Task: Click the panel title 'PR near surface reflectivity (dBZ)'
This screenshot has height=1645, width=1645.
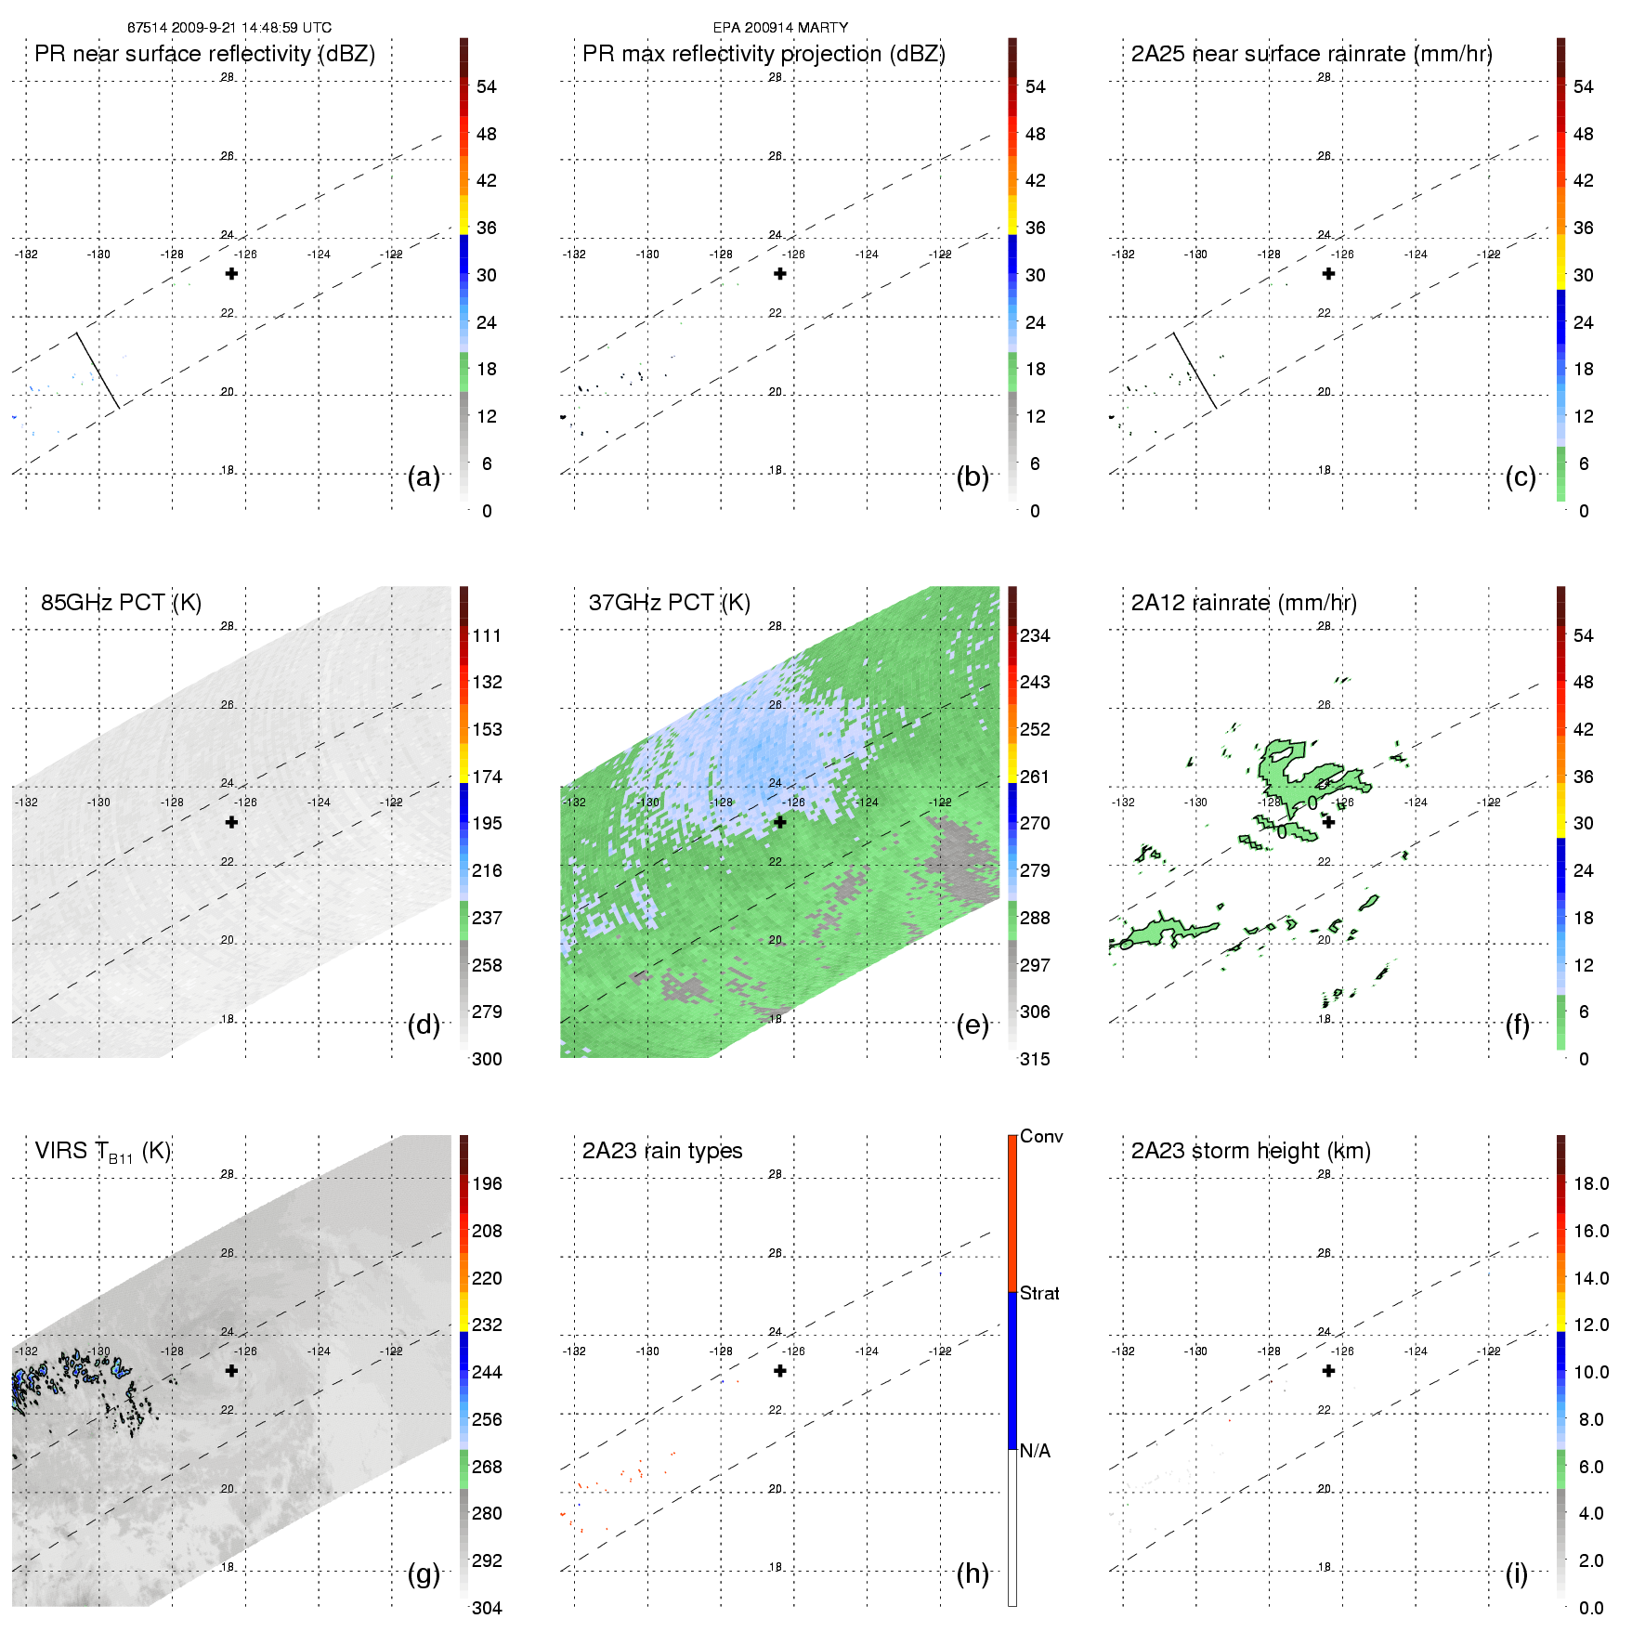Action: click(x=204, y=54)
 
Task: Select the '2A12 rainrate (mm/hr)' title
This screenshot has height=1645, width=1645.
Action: click(x=1244, y=603)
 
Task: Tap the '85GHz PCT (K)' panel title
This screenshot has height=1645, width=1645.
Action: click(x=121, y=603)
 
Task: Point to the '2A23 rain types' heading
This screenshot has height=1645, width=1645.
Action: click(x=662, y=1151)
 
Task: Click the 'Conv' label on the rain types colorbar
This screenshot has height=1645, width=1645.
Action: click(x=1041, y=1136)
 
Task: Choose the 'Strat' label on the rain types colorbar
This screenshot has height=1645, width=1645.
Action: click(x=1039, y=1293)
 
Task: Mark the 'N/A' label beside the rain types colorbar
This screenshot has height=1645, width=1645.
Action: click(x=1035, y=1451)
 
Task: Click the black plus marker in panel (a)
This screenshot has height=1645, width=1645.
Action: click(x=231, y=273)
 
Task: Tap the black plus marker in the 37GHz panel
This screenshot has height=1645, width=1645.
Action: click(x=780, y=822)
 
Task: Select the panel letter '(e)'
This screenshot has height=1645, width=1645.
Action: click(x=973, y=1025)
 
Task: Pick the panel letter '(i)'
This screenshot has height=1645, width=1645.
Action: click(x=1517, y=1573)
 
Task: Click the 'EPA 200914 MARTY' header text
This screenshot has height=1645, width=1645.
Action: click(x=780, y=28)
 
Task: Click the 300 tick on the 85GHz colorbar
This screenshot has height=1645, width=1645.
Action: click(x=487, y=1059)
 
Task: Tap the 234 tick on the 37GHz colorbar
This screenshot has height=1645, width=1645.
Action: click(x=1035, y=635)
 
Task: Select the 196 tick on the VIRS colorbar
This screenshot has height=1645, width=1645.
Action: click(x=487, y=1183)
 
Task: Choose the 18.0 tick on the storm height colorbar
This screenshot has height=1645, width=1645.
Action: click(x=1590, y=1183)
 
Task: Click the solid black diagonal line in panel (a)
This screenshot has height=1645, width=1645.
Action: click(x=98, y=369)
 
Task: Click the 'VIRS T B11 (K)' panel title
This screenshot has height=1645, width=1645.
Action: click(x=102, y=1152)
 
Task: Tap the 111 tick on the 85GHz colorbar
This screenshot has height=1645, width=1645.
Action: click(x=487, y=635)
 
